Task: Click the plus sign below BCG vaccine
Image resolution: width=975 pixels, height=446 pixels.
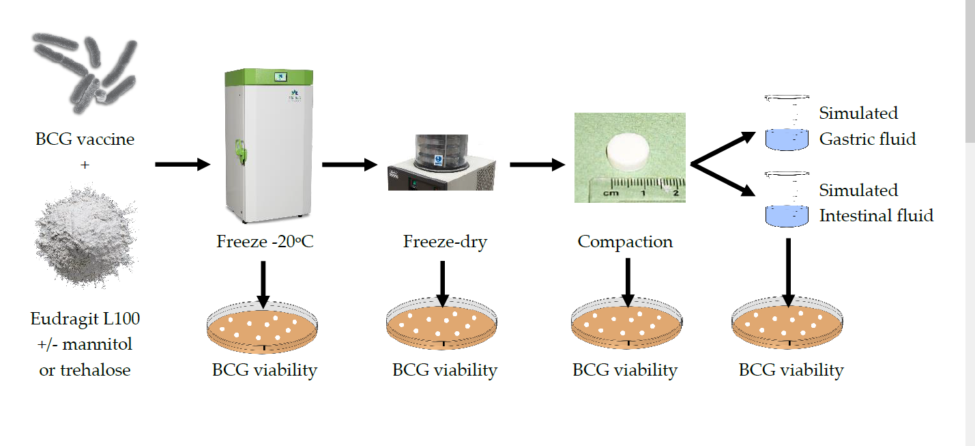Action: click(x=85, y=165)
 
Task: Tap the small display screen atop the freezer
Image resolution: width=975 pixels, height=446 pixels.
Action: click(x=279, y=76)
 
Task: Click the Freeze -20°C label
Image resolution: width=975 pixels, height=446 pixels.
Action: click(x=265, y=242)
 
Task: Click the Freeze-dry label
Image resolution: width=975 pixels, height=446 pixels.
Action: click(x=445, y=242)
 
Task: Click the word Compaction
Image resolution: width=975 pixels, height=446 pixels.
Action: click(x=625, y=242)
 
